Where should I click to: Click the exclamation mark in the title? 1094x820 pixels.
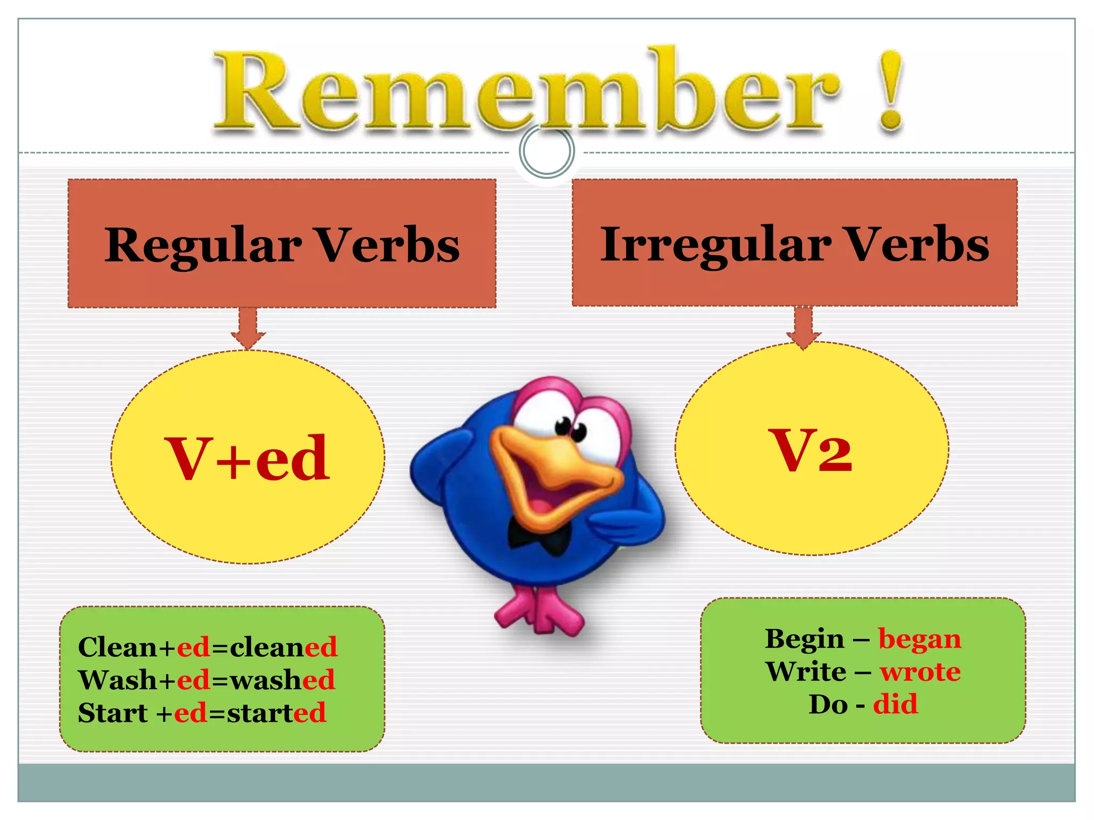point(891,91)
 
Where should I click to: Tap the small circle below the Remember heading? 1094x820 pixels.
point(546,151)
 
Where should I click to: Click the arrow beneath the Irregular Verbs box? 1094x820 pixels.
point(803,327)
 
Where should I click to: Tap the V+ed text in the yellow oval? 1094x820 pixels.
point(248,458)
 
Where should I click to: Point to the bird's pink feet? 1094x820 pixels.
point(540,614)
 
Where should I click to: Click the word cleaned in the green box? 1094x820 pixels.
point(284,647)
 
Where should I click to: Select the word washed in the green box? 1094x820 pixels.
point(283,680)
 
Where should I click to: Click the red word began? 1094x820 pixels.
point(919,640)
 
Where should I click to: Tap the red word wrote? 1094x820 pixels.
point(920,672)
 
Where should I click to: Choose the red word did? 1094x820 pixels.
point(895,704)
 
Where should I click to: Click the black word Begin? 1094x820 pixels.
point(804,640)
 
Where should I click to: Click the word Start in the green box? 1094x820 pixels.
point(113,713)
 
